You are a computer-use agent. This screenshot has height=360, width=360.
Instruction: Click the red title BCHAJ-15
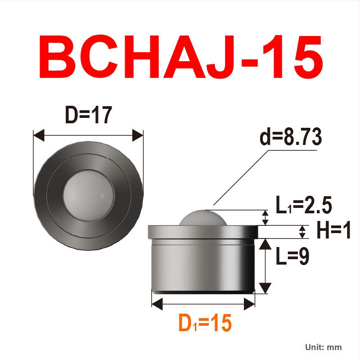[181, 57]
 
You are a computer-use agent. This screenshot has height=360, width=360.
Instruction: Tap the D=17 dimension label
[89, 115]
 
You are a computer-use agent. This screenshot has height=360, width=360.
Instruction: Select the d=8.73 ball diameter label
[291, 137]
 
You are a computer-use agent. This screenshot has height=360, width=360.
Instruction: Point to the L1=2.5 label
[303, 205]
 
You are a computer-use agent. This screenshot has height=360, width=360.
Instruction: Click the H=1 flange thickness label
[333, 230]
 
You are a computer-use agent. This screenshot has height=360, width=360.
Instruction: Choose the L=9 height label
[292, 256]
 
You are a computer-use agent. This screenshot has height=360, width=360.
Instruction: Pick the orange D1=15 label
[205, 323]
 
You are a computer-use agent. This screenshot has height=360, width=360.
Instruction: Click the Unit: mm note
[323, 347]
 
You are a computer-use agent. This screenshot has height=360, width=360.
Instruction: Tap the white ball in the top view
[88, 195]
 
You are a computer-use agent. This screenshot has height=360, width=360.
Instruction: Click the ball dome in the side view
[203, 218]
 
